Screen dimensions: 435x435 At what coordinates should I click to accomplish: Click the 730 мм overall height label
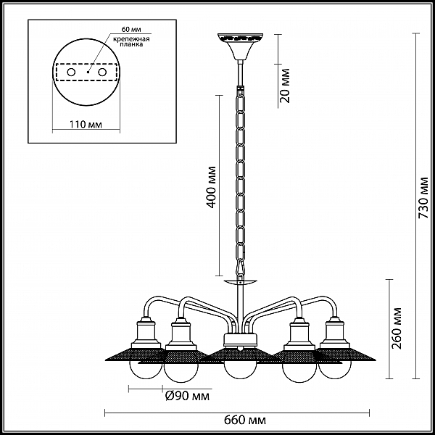tap(424, 197)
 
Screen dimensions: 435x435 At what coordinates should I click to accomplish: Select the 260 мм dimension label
tap(397, 328)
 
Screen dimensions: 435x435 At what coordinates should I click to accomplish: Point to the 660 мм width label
tap(245, 420)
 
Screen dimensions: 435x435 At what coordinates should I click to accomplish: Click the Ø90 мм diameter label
tap(188, 396)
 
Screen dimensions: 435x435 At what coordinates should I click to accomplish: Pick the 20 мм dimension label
tap(284, 86)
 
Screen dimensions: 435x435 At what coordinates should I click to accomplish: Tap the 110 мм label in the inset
tap(86, 124)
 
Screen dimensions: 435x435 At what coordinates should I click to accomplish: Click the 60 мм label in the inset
tap(131, 29)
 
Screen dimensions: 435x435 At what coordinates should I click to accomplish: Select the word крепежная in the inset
tap(131, 39)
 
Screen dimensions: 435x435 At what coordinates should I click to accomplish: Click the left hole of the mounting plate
tap(71, 72)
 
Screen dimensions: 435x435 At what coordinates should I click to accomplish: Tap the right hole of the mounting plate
tap(102, 72)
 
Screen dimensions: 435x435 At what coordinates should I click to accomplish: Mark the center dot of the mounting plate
tap(88, 72)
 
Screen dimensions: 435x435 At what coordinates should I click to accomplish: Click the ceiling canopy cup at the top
tap(240, 46)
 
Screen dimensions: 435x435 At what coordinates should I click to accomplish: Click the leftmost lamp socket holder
tap(146, 332)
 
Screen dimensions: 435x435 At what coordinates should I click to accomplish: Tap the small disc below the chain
tap(240, 283)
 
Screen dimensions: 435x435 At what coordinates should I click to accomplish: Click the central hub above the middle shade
tap(240, 340)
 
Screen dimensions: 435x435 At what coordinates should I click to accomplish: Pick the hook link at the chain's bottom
tap(240, 268)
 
